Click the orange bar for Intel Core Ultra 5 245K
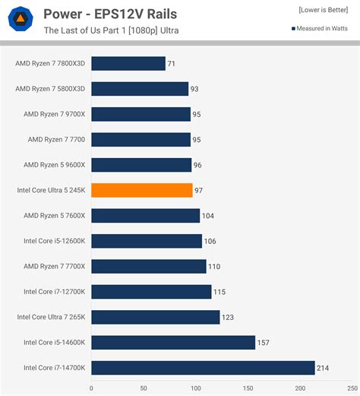point(142,190)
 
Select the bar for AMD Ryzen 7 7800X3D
point(128,63)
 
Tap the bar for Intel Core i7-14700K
point(203,368)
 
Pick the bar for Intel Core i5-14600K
point(173,342)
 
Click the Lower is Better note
point(324,10)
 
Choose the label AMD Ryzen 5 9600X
point(55,165)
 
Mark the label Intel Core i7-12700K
point(55,292)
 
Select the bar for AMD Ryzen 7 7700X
point(149,266)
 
